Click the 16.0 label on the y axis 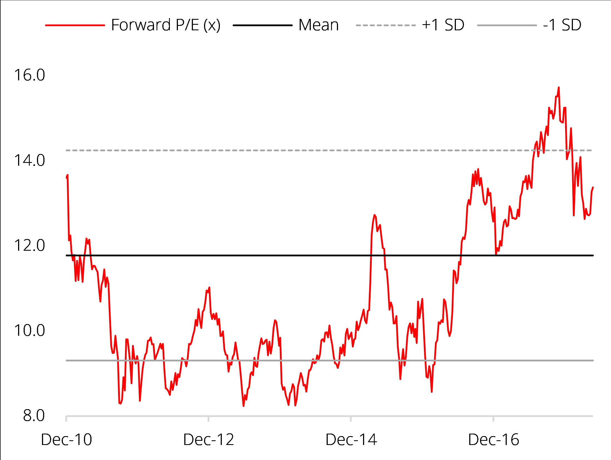pos(29,75)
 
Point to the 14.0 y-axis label pos(29,161)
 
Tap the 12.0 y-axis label pos(29,246)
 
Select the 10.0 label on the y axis pos(29,331)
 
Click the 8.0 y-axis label pos(34,416)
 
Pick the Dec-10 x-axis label pos(66,440)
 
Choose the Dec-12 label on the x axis pos(208,440)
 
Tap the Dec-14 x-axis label pos(351,440)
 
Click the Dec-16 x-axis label pos(493,440)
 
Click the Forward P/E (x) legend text pos(166,25)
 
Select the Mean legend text pos(319,25)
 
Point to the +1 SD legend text pos(443,25)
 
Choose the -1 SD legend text pos(562,25)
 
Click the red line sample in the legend pos(75,25)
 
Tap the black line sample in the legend pos(263,25)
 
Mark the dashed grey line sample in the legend pos(386,25)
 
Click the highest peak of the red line pos(559,88)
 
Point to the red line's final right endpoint pos(593,188)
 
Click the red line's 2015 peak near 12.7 pos(374,215)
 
